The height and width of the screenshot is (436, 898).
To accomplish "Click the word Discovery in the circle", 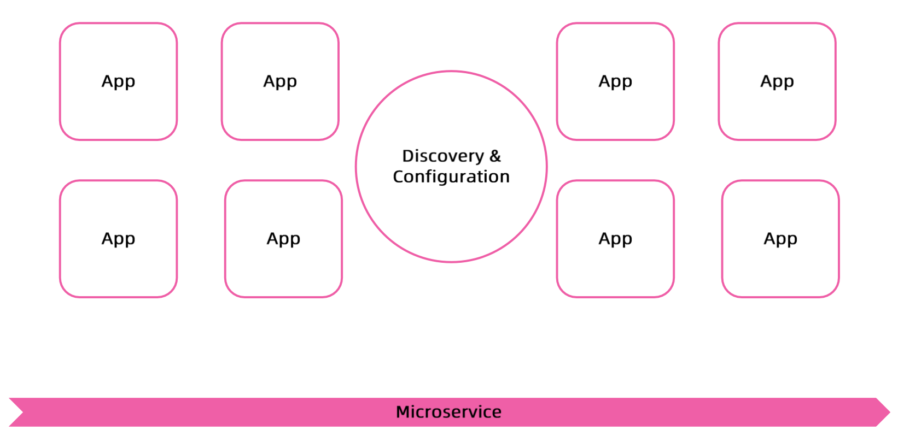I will [x=443, y=156].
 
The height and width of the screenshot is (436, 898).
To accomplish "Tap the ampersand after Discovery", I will [x=495, y=156].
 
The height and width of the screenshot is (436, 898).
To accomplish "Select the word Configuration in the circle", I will [x=451, y=176].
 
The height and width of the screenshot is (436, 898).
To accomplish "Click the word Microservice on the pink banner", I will [x=448, y=412].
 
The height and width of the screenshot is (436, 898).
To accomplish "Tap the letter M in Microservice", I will [x=403, y=412].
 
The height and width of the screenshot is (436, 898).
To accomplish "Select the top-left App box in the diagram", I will [x=118, y=81].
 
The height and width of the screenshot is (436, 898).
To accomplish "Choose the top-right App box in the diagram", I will [x=777, y=81].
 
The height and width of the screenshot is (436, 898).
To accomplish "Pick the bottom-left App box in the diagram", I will [x=118, y=239].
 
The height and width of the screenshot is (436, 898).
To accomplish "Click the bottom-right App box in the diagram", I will [x=780, y=239].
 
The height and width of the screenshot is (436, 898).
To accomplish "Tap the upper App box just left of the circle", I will [x=280, y=81].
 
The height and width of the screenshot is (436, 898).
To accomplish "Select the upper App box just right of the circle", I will [x=615, y=81].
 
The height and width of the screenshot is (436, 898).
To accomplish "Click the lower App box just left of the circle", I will [x=283, y=239].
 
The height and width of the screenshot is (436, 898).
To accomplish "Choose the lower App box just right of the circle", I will [x=615, y=239].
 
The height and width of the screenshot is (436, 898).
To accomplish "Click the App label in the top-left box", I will [x=118, y=81].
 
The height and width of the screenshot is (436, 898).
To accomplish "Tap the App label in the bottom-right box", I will [x=780, y=239].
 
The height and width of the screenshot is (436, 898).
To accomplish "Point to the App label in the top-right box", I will [x=777, y=81].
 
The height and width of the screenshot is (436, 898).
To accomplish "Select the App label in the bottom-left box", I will [x=118, y=239].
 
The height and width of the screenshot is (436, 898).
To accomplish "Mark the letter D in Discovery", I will [x=408, y=156].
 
